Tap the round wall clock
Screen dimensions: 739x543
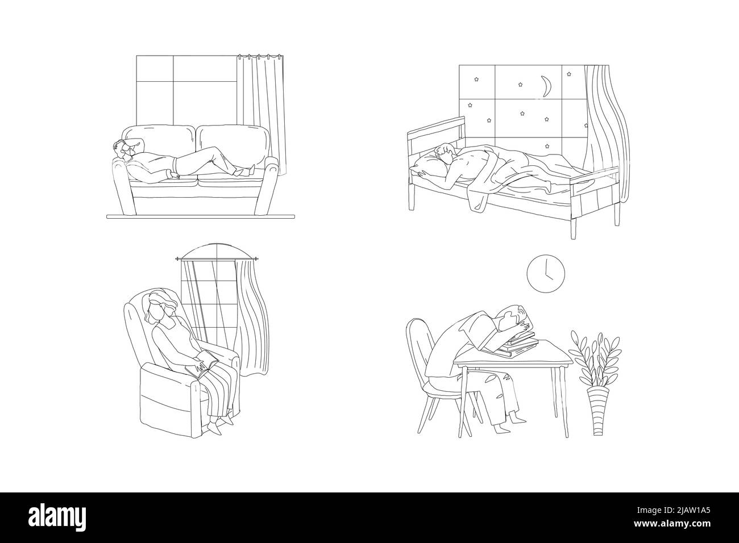tap(546, 273)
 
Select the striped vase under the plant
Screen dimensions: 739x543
tap(598, 411)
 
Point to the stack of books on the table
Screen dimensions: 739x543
tap(519, 345)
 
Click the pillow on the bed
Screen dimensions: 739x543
tap(429, 165)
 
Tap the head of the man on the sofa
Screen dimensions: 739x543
tap(123, 150)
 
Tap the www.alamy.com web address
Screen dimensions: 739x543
tap(672, 524)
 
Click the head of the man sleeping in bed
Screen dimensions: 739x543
tap(445, 153)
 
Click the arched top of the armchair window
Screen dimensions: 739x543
tap(217, 252)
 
